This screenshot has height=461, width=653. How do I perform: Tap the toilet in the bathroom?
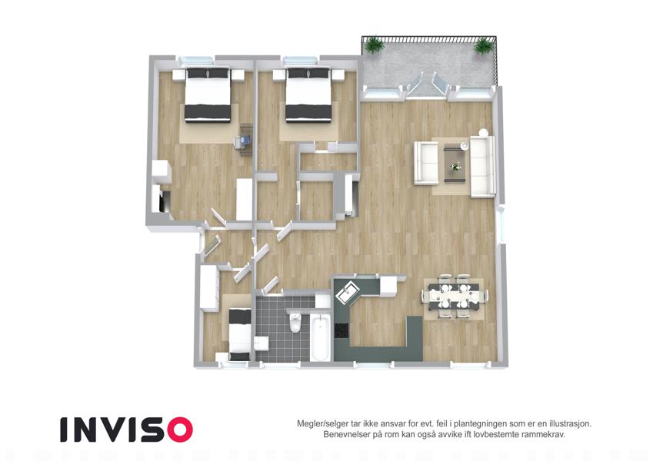(x=295, y=322)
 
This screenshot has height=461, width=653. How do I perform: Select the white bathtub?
(x=321, y=337)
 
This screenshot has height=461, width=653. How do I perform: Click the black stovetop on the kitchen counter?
(x=341, y=331)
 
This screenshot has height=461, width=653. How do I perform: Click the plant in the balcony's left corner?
(x=374, y=45)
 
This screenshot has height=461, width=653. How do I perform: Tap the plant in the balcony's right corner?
(x=483, y=46)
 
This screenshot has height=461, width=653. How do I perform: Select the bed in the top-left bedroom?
(x=208, y=95)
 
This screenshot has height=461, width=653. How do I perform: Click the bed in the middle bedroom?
(x=308, y=95)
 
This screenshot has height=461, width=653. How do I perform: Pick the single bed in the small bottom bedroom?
(x=240, y=334)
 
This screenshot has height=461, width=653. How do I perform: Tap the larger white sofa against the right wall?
(x=483, y=167)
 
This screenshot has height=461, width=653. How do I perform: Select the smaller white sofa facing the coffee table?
(x=426, y=163)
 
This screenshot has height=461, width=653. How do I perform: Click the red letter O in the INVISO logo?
(x=180, y=429)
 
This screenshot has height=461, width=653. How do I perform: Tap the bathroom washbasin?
(x=262, y=344)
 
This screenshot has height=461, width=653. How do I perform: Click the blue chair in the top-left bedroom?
(x=243, y=141)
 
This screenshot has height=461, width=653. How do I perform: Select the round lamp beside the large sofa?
(x=483, y=132)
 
